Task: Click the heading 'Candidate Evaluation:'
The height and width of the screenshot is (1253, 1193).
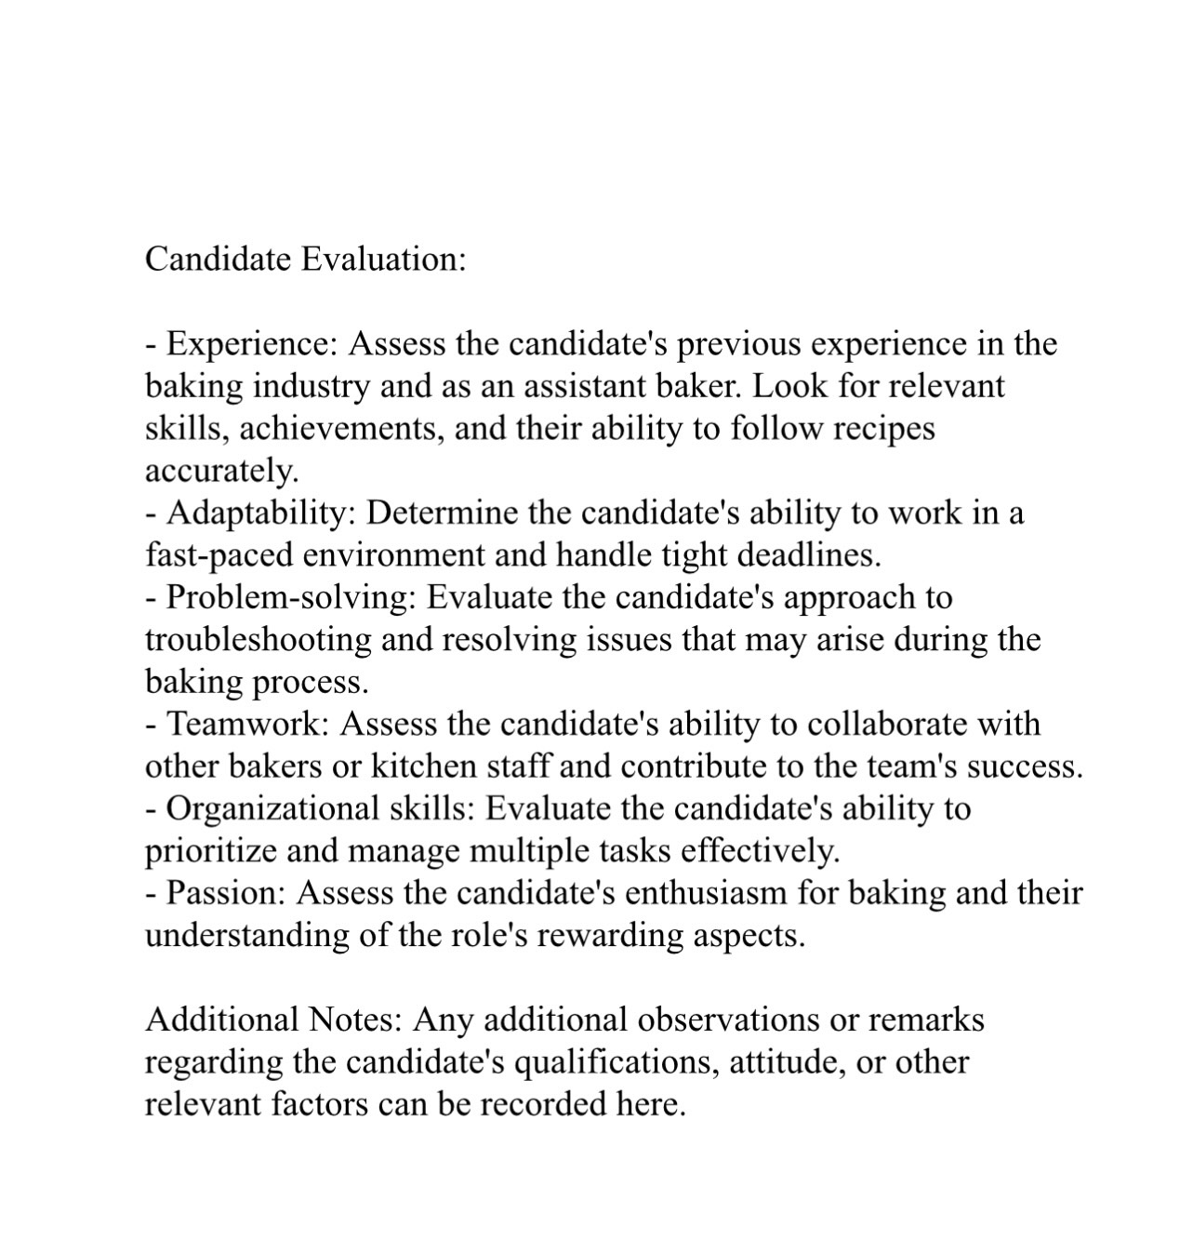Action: [x=305, y=259]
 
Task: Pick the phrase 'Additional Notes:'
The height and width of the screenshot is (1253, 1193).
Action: [x=273, y=1020]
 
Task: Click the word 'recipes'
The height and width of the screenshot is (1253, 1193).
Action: [x=883, y=428]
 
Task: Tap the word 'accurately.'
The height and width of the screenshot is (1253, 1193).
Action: [x=222, y=471]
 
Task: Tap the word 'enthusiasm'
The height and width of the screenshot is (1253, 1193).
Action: [x=705, y=893]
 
